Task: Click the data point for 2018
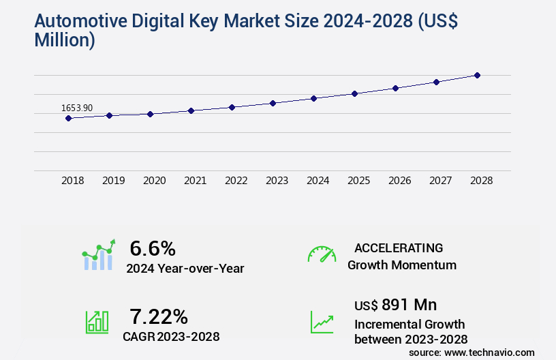pos(68,118)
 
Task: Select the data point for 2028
pos(477,75)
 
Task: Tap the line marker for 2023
pos(273,103)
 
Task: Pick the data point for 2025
pos(354,93)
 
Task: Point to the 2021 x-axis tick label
pos(195,181)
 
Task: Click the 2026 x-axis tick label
pos(399,181)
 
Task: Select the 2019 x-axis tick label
pos(113,181)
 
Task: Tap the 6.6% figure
pos(153,247)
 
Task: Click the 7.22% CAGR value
pos(159,316)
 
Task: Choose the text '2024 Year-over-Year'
pos(185,269)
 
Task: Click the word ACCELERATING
pos(399,247)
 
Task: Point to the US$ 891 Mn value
pos(396,304)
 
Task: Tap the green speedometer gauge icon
pos(322,254)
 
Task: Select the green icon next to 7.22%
pos(97,322)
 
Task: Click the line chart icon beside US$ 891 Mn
pos(322,322)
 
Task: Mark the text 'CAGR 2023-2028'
pos(171,337)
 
